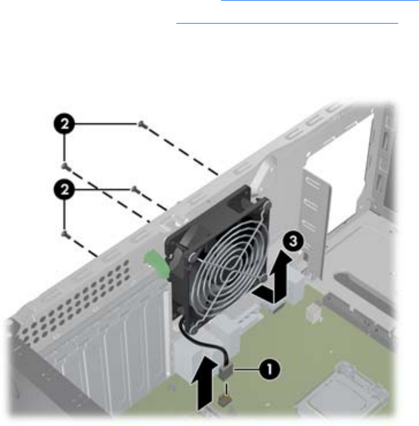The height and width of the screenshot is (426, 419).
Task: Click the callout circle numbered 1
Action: point(269,370)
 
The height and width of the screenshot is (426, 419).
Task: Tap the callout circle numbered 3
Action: point(293,241)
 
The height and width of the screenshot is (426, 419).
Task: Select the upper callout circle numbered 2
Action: point(64,124)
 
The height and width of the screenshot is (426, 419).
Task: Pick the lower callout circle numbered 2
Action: point(64,189)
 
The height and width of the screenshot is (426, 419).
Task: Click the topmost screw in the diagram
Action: point(143,125)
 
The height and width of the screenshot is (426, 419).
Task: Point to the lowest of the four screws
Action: point(66,234)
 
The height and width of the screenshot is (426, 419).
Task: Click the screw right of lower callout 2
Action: point(135,189)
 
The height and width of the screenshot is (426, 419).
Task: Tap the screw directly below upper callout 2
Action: point(66,167)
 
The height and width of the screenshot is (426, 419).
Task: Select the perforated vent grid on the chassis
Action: point(76,299)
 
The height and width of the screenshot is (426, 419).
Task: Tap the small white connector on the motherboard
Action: point(313,313)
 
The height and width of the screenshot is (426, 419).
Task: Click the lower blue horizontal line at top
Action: point(287,24)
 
